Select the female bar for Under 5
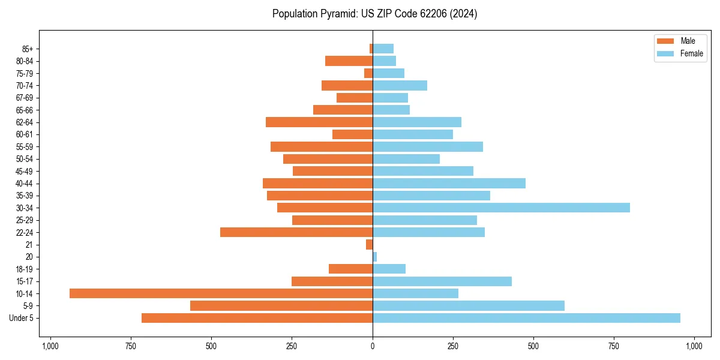tap(526, 318)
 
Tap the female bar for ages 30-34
tap(501, 208)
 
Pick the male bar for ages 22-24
tap(296, 232)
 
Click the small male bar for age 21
tap(370, 245)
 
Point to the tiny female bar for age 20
tap(375, 257)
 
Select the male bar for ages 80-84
tap(349, 61)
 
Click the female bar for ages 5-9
tap(469, 306)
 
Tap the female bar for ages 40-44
tap(449, 183)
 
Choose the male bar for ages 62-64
tap(319, 122)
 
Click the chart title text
tap(374, 14)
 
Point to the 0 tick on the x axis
tap(373, 346)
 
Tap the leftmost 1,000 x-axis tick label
tap(50, 346)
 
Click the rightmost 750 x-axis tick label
tap(613, 346)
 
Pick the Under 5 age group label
tap(22, 318)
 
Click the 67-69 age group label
tap(25, 98)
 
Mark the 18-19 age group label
tap(25, 269)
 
